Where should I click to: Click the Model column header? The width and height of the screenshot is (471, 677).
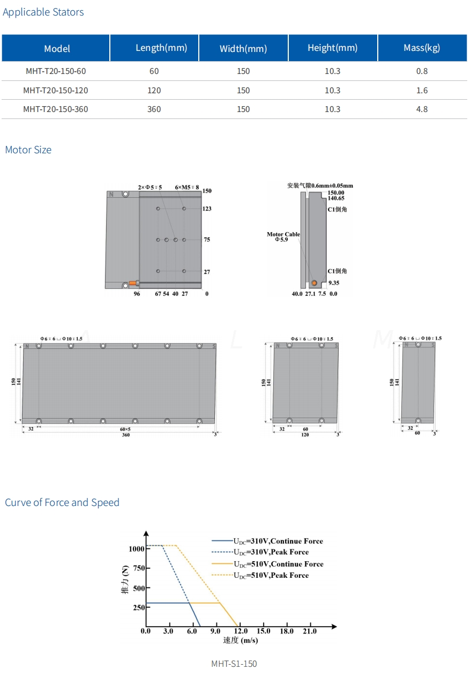[x=57, y=48]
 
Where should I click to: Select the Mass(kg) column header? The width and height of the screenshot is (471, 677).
[x=422, y=48]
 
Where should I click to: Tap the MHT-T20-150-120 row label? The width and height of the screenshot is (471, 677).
[x=56, y=91]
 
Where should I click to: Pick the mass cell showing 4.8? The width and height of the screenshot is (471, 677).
[x=422, y=109]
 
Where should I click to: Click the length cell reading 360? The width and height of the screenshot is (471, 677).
[x=154, y=109]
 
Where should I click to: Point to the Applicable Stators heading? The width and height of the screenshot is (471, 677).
[x=43, y=12]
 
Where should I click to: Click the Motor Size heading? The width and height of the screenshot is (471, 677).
[x=28, y=150]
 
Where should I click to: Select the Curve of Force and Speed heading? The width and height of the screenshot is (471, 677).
[x=62, y=502]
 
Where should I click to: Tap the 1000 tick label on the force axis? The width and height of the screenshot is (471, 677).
[x=137, y=549]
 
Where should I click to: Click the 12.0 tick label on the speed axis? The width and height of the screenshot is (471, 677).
[x=241, y=631]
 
